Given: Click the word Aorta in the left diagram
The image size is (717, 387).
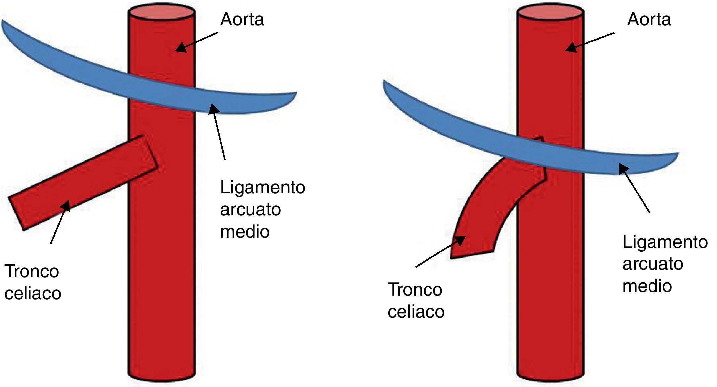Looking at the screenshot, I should tap(242, 19).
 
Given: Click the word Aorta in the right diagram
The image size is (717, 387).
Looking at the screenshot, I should tap(649, 19).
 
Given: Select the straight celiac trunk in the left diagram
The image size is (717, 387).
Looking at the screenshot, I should tap(83, 182).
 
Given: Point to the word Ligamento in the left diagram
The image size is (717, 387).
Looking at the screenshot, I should tap(262, 188).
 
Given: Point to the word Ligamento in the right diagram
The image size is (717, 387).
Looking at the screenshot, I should tap(665, 242).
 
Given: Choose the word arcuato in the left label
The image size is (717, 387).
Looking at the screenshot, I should tap(250, 209).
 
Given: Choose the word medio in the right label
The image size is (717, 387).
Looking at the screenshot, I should tap(647, 286).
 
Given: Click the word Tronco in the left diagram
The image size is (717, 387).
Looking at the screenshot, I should tap(32, 271).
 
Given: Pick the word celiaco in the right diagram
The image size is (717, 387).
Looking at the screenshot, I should tap(416, 311).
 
